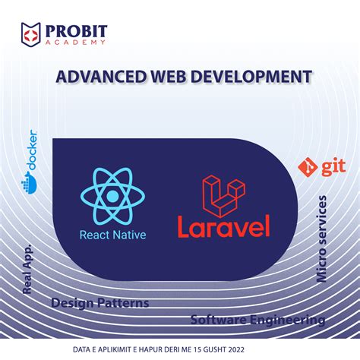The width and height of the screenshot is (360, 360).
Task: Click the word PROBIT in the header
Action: (75, 31)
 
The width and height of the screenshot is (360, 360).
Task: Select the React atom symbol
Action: (112, 196)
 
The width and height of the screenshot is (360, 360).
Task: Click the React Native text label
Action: (112, 235)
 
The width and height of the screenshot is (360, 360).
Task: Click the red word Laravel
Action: (223, 226)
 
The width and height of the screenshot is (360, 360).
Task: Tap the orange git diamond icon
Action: (309, 166)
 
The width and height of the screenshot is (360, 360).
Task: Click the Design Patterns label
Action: (99, 303)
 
